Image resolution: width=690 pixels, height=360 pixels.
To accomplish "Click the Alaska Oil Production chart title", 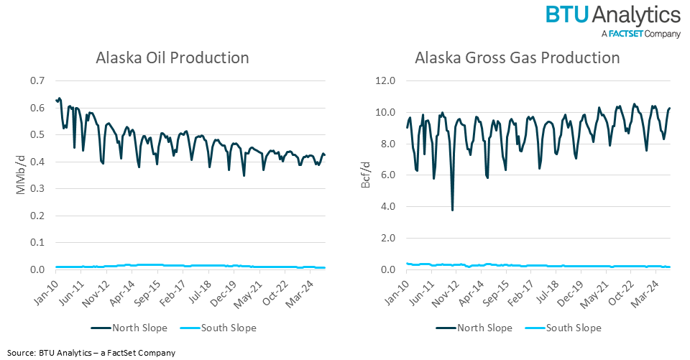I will coord(172,58).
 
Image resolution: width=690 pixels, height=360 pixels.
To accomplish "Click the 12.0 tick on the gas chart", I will coord(385,80).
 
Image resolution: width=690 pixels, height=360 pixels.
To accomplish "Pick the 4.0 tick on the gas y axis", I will coord(388,207).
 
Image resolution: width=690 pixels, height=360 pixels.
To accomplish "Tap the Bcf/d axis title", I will coord(367,175).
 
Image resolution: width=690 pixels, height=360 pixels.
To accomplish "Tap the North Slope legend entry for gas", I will coord(474,328).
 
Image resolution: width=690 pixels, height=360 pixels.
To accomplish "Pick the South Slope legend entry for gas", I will coord(566,328).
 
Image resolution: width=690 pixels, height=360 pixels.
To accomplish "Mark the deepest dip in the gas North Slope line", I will coord(452,210).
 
